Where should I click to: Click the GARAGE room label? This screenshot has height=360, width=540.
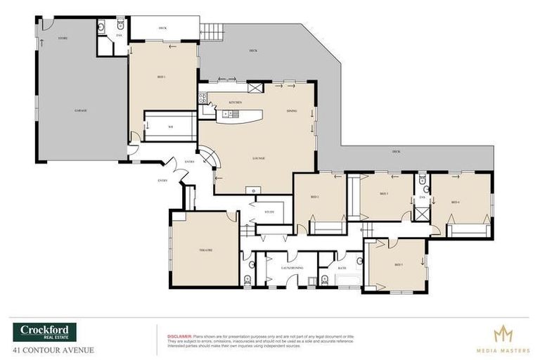tap(80, 111)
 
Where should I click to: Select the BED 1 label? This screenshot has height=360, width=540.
tap(160, 76)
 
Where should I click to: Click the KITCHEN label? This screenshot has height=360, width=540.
tap(236, 103)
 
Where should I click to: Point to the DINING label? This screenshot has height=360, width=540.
tap(291, 111)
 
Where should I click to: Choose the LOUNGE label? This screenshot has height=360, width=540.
tap(259, 159)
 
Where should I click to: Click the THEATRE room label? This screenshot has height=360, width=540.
tap(205, 250)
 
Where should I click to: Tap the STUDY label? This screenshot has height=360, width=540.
tap(269, 212)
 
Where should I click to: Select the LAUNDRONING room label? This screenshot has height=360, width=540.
tap(292, 268)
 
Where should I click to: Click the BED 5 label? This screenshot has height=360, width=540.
tap(398, 264)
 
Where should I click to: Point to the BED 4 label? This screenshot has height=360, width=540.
tap(455, 202)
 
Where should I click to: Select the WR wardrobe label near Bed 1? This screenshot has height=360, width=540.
tap(170, 127)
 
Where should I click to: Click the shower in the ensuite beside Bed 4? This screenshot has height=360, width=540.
tap(422, 212)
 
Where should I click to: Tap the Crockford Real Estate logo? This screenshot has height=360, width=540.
tap(44, 332)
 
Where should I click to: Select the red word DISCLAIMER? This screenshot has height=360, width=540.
tap(179, 336)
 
